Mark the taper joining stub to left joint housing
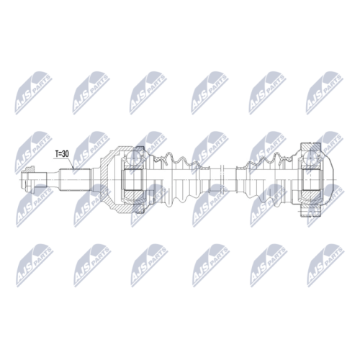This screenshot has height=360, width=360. click(95, 175)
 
